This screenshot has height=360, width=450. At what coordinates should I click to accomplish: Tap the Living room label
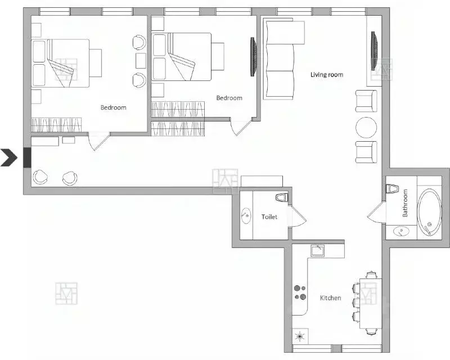(x=327, y=75)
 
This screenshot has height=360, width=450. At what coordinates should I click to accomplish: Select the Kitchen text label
(x=330, y=298)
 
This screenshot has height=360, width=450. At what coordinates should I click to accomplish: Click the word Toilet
(x=269, y=217)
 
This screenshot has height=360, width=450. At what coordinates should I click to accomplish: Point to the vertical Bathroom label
(x=405, y=204)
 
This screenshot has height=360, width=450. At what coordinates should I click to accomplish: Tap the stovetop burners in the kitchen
(x=300, y=294)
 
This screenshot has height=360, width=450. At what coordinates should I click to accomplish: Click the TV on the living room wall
(x=373, y=51)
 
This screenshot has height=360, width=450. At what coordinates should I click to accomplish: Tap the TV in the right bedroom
(x=253, y=56)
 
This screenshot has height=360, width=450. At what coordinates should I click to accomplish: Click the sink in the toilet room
(x=246, y=215)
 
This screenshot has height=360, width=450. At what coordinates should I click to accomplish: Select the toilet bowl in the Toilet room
(x=281, y=198)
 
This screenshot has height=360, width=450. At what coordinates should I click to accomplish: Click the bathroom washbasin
(x=401, y=230)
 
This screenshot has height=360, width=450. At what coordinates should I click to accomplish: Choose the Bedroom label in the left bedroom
(x=113, y=107)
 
